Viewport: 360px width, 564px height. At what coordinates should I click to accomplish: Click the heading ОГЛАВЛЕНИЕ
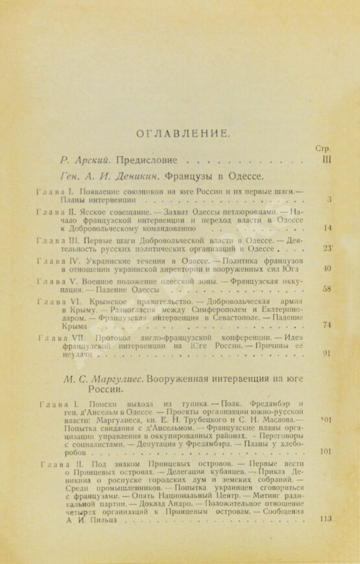[180, 134]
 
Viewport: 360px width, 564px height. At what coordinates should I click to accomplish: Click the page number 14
[327, 228]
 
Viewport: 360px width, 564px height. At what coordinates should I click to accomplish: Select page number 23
[327, 248]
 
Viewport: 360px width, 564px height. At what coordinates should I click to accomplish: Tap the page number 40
[327, 268]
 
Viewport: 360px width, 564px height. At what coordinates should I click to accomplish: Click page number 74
[327, 325]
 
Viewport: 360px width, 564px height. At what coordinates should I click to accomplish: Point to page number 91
[327, 354]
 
